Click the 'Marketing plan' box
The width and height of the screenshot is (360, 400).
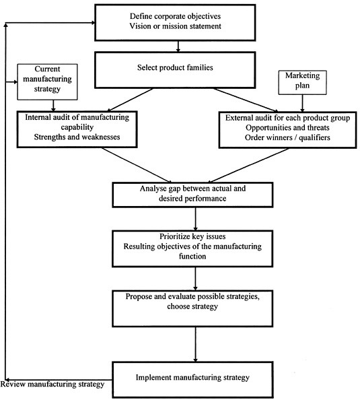click(301, 81)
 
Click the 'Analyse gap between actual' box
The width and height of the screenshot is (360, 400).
click(195, 194)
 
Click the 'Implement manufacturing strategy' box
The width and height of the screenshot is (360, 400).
click(195, 378)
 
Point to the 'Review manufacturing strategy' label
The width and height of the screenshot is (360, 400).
click(52, 385)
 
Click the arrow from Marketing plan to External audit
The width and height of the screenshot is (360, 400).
click(301, 102)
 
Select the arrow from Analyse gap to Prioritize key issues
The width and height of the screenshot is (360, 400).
click(195, 219)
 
